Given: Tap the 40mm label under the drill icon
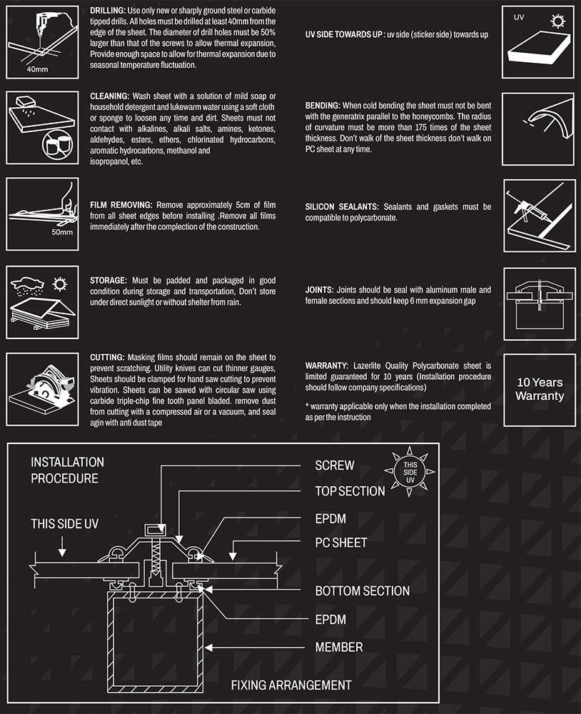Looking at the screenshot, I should (x=36, y=70).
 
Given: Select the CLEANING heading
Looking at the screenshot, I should (x=109, y=96).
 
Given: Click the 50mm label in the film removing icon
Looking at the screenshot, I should (x=62, y=232).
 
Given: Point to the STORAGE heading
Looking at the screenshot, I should (x=108, y=281).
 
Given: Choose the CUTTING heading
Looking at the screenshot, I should (x=108, y=357).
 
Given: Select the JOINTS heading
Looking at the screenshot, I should (x=319, y=291).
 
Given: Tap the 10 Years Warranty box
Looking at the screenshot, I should (x=540, y=390).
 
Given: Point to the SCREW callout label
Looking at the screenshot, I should (x=335, y=466).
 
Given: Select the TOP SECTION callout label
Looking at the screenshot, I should (x=350, y=491).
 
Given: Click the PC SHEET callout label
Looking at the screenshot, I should (x=341, y=543).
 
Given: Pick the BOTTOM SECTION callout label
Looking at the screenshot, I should (x=362, y=591).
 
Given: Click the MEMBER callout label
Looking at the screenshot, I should (x=339, y=648).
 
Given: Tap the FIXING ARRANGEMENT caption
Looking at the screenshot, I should (x=291, y=685).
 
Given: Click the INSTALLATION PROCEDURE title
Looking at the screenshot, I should (x=67, y=471).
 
